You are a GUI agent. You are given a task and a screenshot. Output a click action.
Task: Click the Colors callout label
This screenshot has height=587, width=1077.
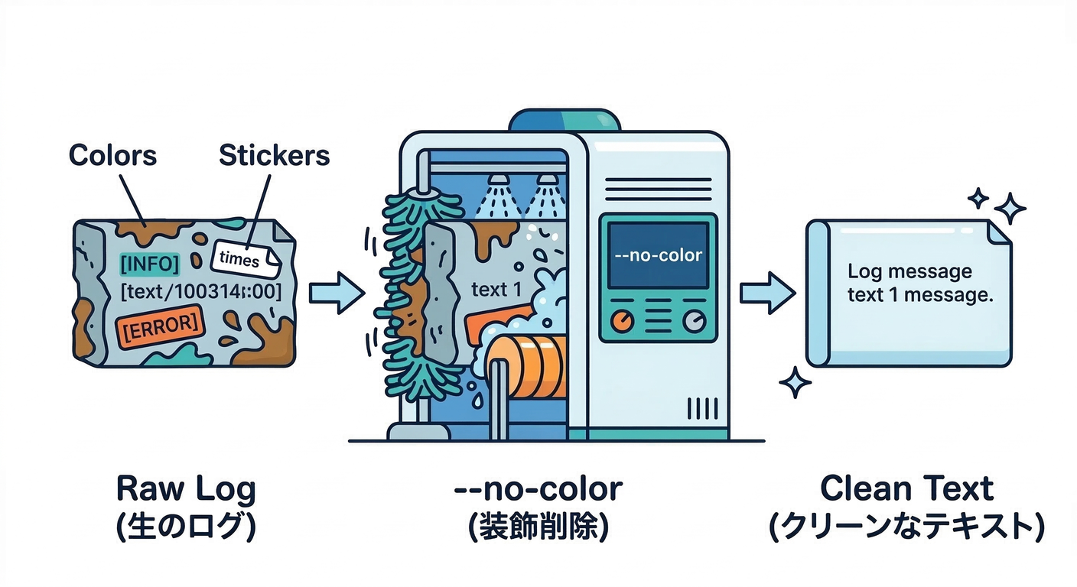click(x=112, y=155)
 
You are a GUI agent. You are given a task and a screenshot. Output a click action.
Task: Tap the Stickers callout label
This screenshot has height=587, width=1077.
click(x=274, y=155)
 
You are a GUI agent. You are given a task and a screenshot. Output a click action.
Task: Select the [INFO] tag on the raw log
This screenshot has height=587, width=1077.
click(x=150, y=264)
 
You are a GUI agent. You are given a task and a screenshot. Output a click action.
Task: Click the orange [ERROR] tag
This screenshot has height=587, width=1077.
click(x=161, y=324)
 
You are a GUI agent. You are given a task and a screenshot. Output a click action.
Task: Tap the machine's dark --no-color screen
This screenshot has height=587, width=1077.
click(x=658, y=255)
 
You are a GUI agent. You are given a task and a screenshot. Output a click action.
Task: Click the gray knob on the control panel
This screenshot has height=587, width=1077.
click(x=694, y=322)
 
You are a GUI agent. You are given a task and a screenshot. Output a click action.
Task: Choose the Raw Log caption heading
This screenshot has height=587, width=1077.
click(x=186, y=488)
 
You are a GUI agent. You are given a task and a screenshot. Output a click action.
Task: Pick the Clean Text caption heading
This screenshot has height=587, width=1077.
click(x=906, y=488)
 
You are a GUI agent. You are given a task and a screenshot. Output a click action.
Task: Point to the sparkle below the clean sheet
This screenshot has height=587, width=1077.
click(x=795, y=381)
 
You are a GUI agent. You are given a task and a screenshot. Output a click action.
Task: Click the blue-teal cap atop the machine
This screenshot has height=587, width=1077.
click(x=565, y=121)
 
